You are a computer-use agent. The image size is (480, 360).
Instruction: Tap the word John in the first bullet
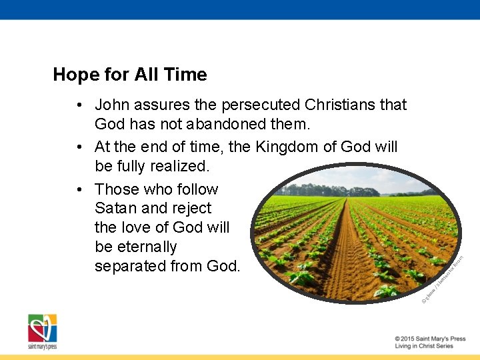(x=112, y=105)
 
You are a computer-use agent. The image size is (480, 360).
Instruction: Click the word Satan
(x=116, y=208)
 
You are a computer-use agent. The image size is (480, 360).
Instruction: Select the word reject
(x=190, y=208)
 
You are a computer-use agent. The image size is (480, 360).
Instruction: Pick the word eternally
(x=136, y=247)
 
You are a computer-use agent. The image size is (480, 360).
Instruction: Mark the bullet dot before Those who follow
(x=79, y=189)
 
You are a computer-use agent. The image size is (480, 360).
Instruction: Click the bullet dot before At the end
(x=79, y=147)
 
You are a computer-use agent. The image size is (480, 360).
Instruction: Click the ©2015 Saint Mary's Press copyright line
(x=429, y=339)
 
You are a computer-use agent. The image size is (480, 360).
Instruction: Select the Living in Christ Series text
(x=423, y=346)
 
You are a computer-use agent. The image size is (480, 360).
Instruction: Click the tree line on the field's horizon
(x=333, y=190)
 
